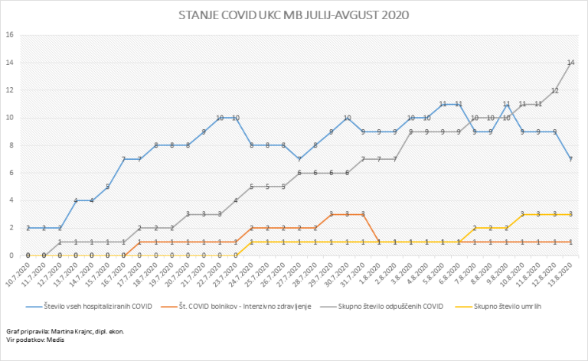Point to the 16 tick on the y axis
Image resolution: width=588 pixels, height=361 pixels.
pos(10,35)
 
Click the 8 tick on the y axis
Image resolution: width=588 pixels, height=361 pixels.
pos(11,145)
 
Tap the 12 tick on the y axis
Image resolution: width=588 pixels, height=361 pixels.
pos(10,90)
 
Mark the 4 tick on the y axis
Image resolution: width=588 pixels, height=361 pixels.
pos(11,200)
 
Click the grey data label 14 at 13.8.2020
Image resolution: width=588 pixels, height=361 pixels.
pos(571,63)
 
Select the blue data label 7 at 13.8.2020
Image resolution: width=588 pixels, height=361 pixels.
pos(571,159)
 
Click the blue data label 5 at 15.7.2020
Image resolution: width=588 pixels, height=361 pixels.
pos(108,187)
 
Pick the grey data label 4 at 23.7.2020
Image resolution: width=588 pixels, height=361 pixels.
pos(236,200)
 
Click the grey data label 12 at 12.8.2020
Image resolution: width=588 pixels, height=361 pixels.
pos(555,90)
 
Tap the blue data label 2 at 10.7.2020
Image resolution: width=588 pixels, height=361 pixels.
pos(28,228)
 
